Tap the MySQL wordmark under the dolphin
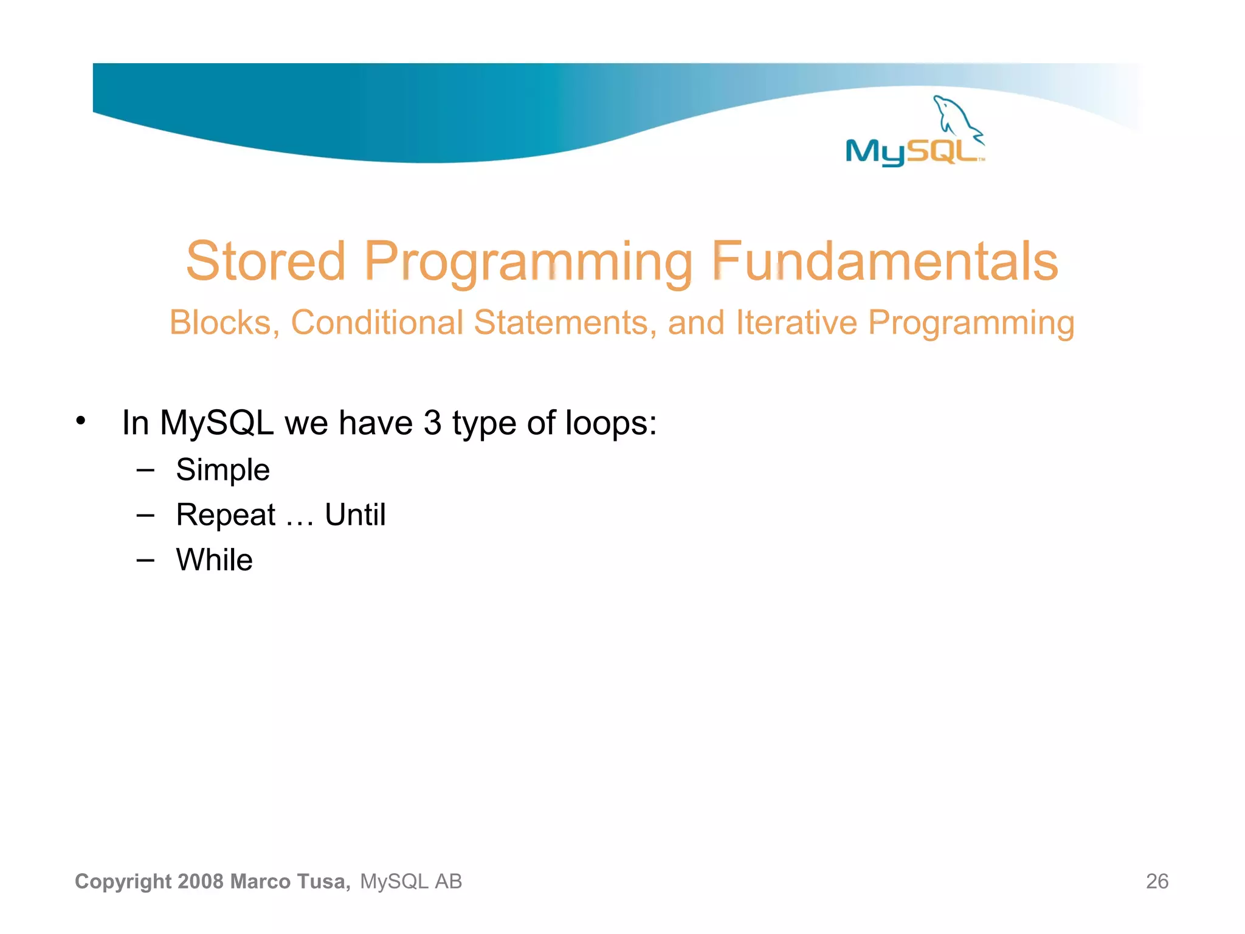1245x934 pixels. pyautogui.click(x=912, y=151)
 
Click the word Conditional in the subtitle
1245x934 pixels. pyautogui.click(x=377, y=322)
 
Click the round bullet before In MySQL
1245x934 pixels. pyautogui.click(x=81, y=421)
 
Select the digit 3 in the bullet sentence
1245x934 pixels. pyautogui.click(x=432, y=423)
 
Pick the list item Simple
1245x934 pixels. pyautogui.click(x=222, y=470)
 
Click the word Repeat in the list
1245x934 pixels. pyautogui.click(x=226, y=515)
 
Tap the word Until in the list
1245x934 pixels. pyautogui.click(x=355, y=515)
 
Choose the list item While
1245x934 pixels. pyautogui.click(x=214, y=559)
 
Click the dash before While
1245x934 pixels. pyautogui.click(x=145, y=559)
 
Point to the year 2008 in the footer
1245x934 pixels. pyautogui.click(x=201, y=881)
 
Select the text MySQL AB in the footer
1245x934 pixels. pyautogui.click(x=411, y=881)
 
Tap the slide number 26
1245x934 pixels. pyautogui.click(x=1157, y=881)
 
